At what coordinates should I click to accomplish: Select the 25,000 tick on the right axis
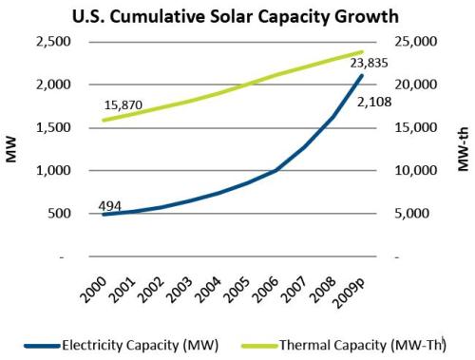click(416, 42)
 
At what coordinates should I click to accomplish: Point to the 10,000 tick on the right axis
click(416, 171)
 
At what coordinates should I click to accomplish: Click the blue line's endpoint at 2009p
click(362, 75)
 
